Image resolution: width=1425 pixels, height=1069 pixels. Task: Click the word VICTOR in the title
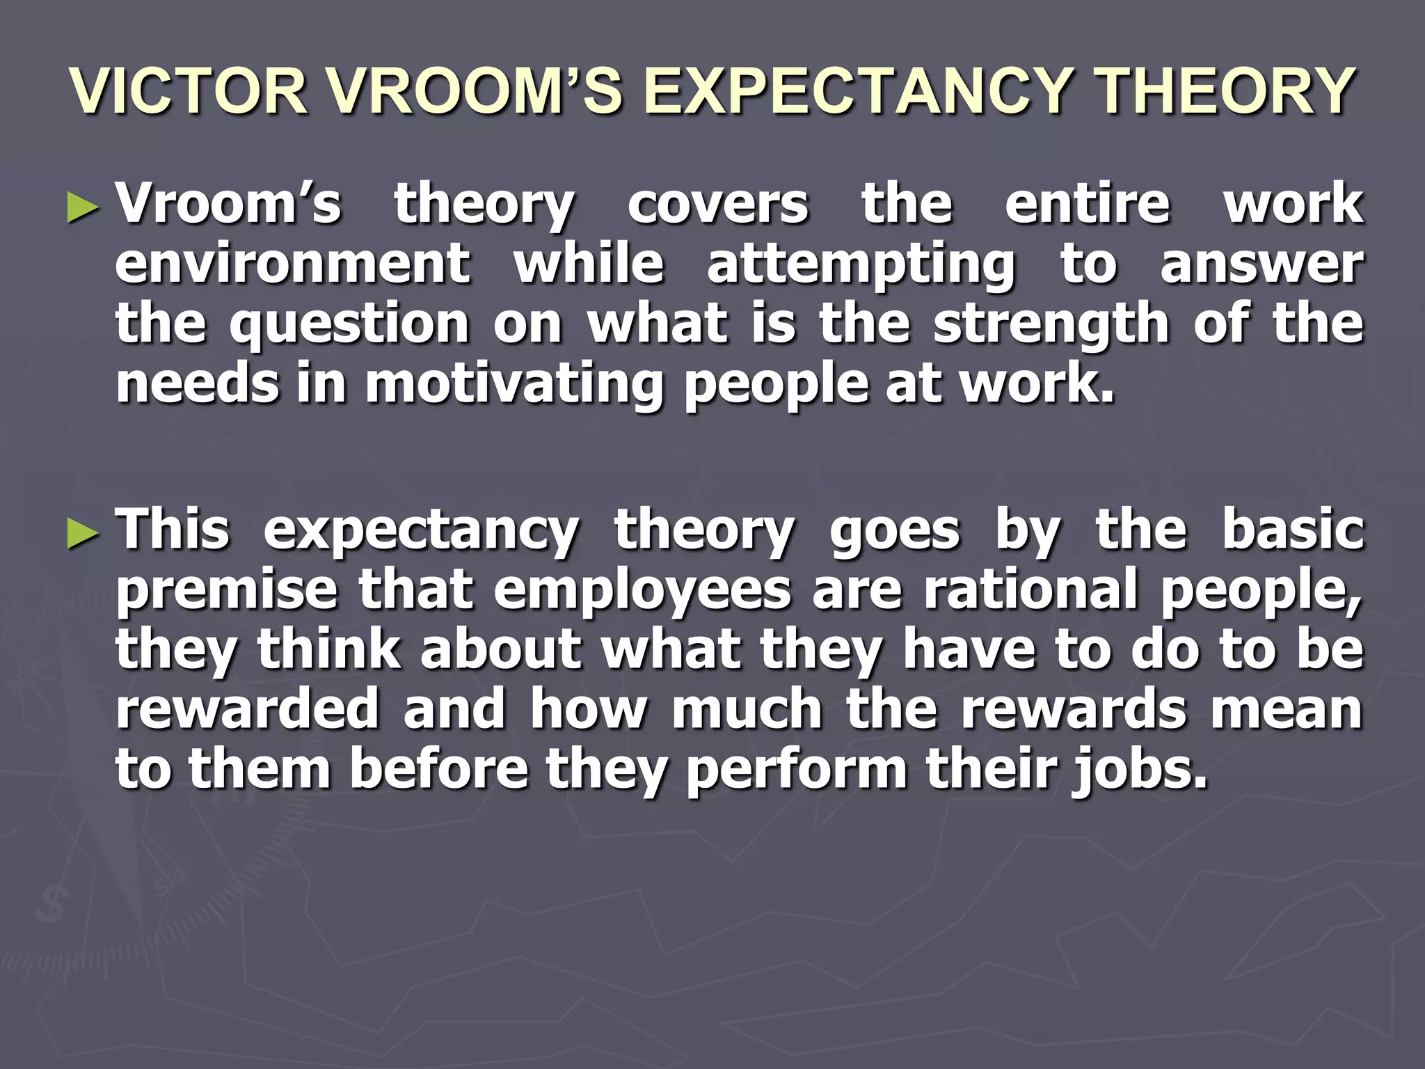click(189, 91)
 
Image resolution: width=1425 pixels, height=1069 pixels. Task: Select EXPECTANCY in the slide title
click(857, 91)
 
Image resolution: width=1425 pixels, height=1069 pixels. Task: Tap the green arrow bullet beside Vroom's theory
click(83, 208)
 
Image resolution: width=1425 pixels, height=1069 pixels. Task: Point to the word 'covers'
click(718, 205)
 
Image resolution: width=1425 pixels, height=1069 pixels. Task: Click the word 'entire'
click(1088, 205)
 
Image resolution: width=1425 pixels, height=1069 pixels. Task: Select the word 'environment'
click(293, 264)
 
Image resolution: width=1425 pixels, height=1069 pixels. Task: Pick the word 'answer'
click(1261, 264)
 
